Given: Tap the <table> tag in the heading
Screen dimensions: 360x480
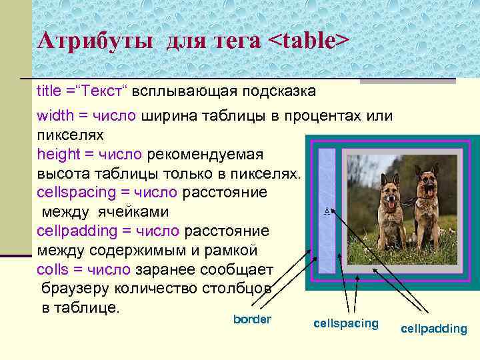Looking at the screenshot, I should (x=308, y=41).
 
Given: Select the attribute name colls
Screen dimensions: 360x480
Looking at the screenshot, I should (x=51, y=270).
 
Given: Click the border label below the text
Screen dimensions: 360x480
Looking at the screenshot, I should (x=252, y=319).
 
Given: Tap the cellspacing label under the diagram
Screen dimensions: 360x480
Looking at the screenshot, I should (x=345, y=324).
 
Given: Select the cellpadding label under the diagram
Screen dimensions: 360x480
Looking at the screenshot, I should (x=434, y=329).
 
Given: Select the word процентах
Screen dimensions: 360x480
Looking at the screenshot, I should (x=324, y=116).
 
